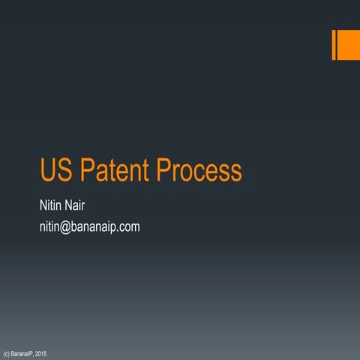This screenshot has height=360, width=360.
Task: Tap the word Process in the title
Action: tap(199, 171)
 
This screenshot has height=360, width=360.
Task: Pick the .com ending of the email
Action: tap(128, 226)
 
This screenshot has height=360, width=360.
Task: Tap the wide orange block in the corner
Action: tap(349, 45)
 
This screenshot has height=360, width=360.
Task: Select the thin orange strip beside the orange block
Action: tap(334, 45)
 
